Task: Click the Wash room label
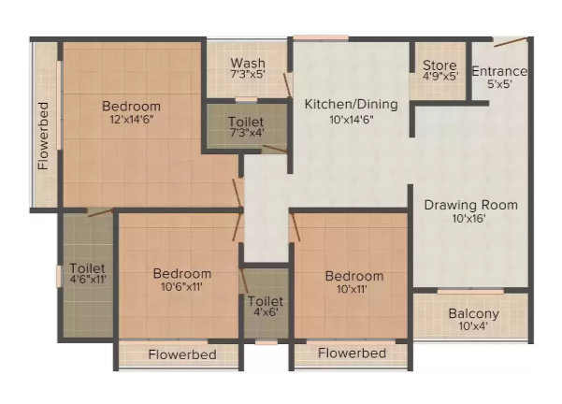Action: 248,63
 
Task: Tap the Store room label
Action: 440,65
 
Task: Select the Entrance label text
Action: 499,71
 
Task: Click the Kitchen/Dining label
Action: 352,105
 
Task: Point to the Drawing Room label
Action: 471,205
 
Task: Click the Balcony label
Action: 473,313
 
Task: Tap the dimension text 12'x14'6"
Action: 132,120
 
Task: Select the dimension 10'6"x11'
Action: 181,287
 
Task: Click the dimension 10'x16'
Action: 468,218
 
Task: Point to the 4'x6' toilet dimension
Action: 266,312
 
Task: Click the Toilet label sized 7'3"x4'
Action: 246,122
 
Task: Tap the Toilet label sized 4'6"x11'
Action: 87,268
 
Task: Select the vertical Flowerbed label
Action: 43,136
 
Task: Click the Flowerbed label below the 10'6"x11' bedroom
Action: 182,354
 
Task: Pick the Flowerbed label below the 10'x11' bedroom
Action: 352,353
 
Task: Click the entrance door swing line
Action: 511,42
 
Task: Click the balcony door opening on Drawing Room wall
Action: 470,292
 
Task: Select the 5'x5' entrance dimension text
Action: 499,84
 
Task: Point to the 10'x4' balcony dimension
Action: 473,326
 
